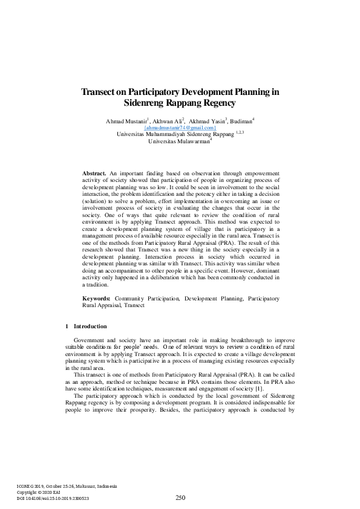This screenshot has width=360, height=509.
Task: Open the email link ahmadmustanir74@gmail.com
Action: pyautogui.click(x=180, y=128)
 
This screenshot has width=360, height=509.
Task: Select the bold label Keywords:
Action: pyautogui.click(x=96, y=299)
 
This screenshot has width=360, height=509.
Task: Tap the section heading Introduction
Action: pyautogui.click(x=89, y=326)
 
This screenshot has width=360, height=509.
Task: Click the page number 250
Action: pyautogui.click(x=180, y=498)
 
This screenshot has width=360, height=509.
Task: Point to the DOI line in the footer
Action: pyautogui.click(x=53, y=498)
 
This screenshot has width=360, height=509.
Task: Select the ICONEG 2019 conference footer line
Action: pyautogui.click(x=67, y=486)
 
